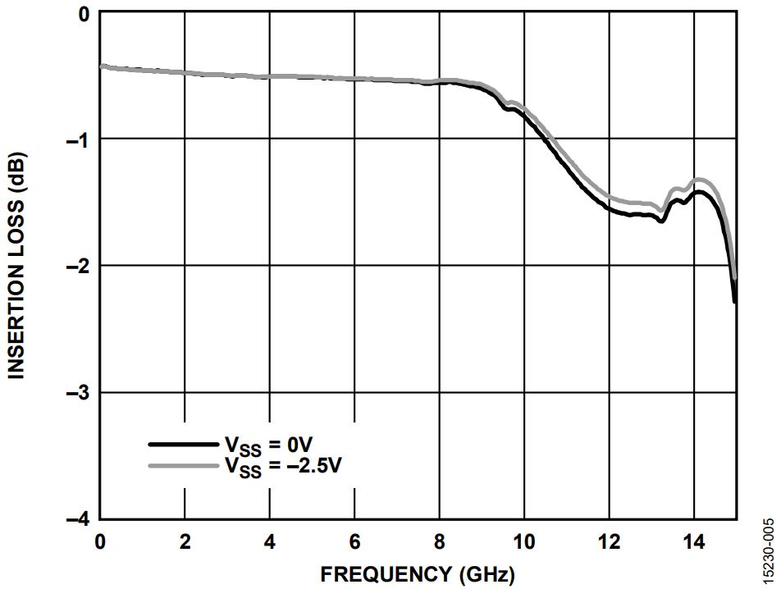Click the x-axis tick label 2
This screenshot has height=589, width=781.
point(185,542)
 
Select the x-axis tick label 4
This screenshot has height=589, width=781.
point(270,542)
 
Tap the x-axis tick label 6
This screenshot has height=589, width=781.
point(354,542)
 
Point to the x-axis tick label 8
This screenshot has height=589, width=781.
point(440,542)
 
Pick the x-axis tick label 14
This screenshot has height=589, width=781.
point(694,542)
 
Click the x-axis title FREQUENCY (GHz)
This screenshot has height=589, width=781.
point(417,573)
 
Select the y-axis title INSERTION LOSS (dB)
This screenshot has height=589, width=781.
point(16,266)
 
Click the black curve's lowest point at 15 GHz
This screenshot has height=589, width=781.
point(734,302)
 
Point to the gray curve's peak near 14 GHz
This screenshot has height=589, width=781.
point(699,179)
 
